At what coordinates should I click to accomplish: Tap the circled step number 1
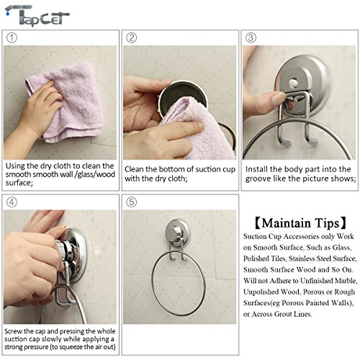point(12,37)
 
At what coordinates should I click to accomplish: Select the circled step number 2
point(132,37)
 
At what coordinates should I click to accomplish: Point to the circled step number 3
point(251,37)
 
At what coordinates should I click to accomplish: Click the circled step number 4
point(12,202)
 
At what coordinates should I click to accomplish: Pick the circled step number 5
point(132,202)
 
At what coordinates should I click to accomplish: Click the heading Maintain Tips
point(297,222)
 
